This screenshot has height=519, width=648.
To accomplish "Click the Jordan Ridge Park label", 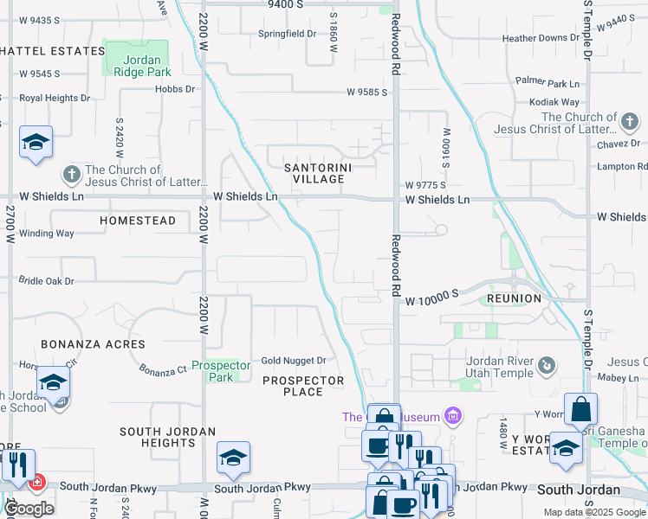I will (x=137, y=66).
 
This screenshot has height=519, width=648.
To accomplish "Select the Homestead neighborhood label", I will (x=138, y=221).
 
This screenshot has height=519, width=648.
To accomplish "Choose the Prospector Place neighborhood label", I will (x=303, y=386).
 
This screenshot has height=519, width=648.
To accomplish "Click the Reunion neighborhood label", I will (x=515, y=298).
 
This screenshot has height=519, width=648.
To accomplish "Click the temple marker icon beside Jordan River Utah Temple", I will (x=546, y=365).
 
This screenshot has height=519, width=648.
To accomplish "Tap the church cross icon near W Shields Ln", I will (x=72, y=176).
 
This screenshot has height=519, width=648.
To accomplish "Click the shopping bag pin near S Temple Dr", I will (x=580, y=410).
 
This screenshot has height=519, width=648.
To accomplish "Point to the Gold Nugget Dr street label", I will (x=294, y=361).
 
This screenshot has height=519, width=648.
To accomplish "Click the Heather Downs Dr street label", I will (x=541, y=38).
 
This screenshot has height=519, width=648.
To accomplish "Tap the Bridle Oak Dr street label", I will (x=47, y=281).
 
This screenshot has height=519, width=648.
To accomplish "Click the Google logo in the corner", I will (x=29, y=509).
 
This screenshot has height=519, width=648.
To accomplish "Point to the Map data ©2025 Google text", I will (x=593, y=512).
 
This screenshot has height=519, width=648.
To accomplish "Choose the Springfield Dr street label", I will (x=288, y=34).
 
